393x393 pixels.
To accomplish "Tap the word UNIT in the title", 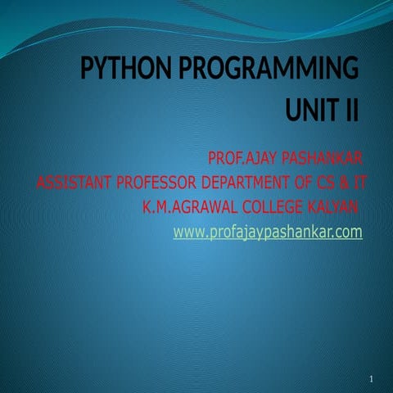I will [310, 109].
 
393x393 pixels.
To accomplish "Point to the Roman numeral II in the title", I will [350, 109].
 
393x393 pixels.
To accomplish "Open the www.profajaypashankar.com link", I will [268, 233].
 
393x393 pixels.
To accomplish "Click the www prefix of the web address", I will [189, 233].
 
